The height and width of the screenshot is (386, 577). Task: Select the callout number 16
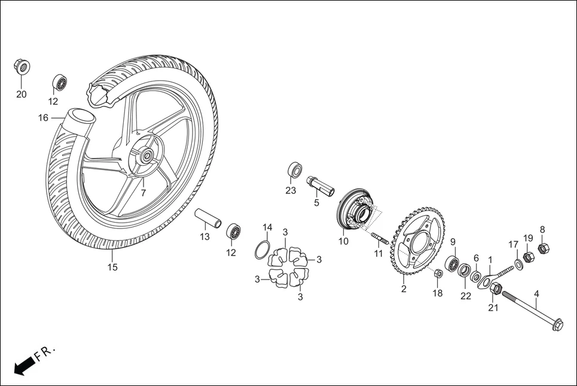tap(44, 118)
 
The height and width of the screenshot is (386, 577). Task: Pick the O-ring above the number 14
tap(262, 250)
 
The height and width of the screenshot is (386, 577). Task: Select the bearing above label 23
tap(294, 169)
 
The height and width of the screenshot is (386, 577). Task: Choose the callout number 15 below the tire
tap(112, 268)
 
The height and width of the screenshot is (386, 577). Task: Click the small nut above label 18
tap(438, 273)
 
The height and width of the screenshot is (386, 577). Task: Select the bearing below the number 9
tap(451, 263)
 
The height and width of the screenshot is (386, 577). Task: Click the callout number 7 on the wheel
tap(143, 193)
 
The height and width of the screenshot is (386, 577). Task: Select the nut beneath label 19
tap(529, 257)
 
